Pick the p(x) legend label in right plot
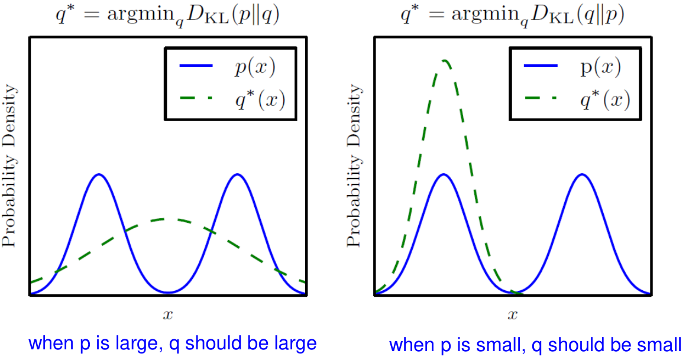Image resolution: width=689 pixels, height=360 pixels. tap(599, 69)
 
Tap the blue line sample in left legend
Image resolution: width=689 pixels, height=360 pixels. tap(196, 67)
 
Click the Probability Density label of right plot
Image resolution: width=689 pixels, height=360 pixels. tap(354, 166)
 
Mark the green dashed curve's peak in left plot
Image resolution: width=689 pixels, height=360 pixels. tap(168, 219)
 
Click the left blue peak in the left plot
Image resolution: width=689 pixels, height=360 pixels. tap(99, 175)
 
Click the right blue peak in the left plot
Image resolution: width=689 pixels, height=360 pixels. tap(237, 175)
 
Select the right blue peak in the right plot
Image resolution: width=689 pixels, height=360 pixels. tap(583, 175)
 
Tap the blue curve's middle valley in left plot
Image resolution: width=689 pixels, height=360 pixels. tap(169, 291)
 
